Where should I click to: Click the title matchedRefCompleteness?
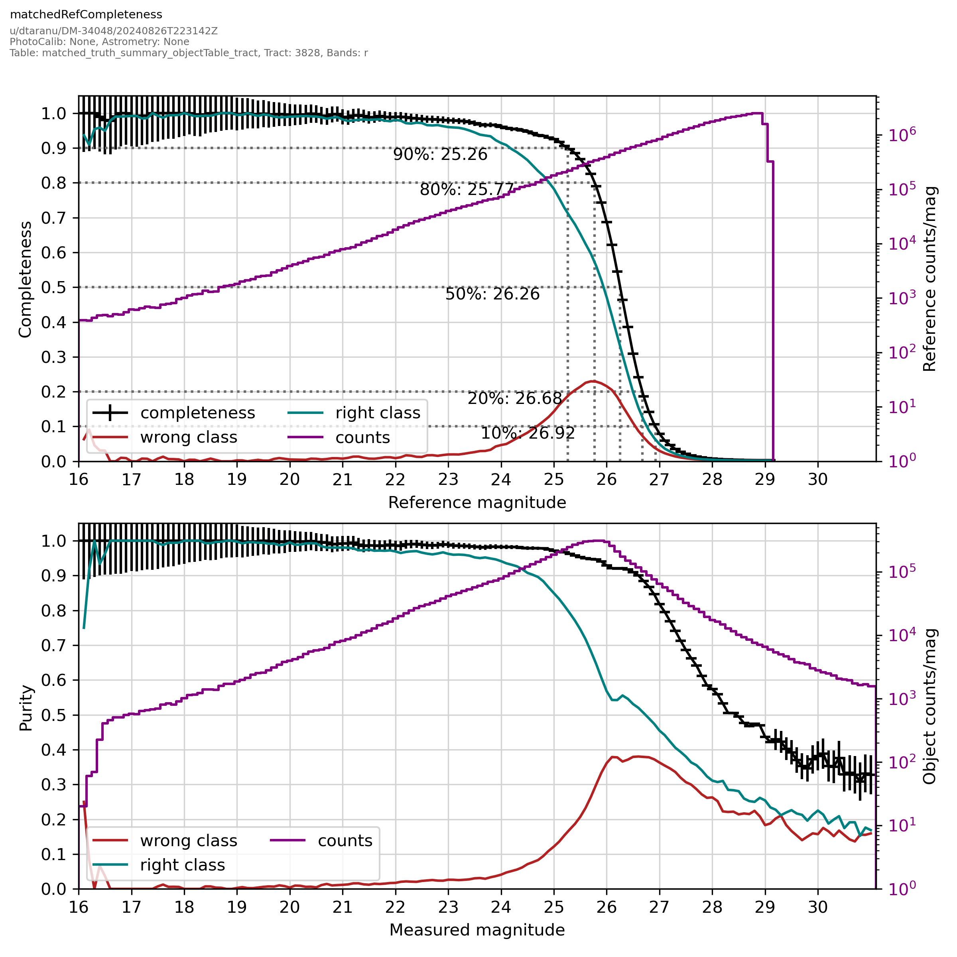pyautogui.click(x=86, y=15)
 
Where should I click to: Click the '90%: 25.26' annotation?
pyautogui.click(x=440, y=155)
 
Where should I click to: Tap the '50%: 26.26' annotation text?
pyautogui.click(x=492, y=294)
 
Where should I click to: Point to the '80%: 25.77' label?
pyautogui.click(x=467, y=190)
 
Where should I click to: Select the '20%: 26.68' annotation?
pyautogui.click(x=515, y=399)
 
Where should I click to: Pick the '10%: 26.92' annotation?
pyautogui.click(x=528, y=433)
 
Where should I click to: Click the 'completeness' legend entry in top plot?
pyautogui.click(x=197, y=413)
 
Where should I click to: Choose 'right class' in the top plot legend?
pyautogui.click(x=378, y=413)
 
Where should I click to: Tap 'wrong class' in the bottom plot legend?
pyautogui.click(x=188, y=841)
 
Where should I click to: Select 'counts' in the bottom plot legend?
pyautogui.click(x=345, y=841)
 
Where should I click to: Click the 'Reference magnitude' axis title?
pyautogui.click(x=477, y=503)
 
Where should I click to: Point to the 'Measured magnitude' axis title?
pyautogui.click(x=477, y=930)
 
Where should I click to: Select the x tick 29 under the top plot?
pyautogui.click(x=765, y=479)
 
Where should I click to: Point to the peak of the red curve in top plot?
pyautogui.click(x=593, y=381)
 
